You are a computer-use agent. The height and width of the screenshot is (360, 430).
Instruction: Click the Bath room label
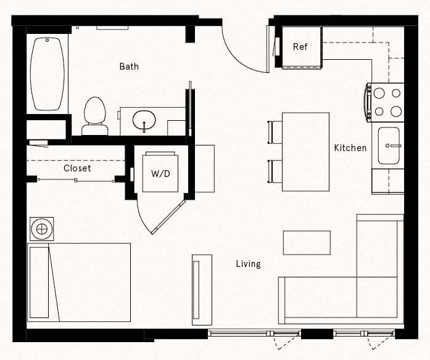(129, 66)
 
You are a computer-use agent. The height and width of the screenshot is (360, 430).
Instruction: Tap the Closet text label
(77, 168)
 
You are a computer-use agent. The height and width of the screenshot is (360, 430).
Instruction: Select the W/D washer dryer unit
(160, 173)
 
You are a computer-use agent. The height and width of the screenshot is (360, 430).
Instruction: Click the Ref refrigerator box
(300, 47)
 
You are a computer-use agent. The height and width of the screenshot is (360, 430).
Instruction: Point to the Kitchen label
(350, 148)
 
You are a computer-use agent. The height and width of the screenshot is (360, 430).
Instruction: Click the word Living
(248, 264)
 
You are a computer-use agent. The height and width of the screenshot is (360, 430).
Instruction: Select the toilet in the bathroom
(94, 115)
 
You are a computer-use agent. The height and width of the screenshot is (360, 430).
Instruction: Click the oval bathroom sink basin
(144, 118)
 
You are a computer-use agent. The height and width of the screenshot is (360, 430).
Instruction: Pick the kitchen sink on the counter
(389, 145)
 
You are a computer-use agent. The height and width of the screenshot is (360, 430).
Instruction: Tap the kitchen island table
(305, 152)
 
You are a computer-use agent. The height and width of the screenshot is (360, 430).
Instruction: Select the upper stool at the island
(275, 132)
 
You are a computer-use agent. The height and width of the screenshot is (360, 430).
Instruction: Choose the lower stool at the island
(275, 171)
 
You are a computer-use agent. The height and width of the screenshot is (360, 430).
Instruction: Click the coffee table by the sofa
(307, 242)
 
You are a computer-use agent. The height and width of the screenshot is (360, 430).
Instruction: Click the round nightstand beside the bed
(42, 229)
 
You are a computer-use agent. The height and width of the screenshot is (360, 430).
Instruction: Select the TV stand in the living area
(202, 289)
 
